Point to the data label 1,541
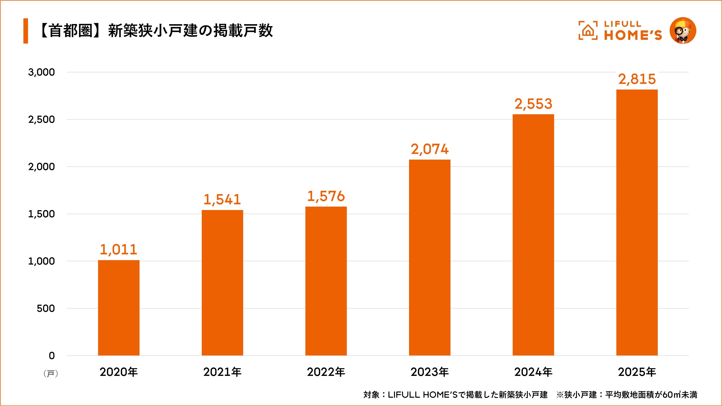pyautogui.click(x=222, y=200)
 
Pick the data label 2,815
pyautogui.click(x=637, y=79)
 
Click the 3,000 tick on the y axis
pyautogui.click(x=41, y=72)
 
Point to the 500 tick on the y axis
pyautogui.click(x=46, y=308)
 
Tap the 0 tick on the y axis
pyautogui.click(x=52, y=356)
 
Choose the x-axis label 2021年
pyautogui.click(x=222, y=372)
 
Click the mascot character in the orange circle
pyautogui.click(x=683, y=31)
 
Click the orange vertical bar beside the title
pyautogui.click(x=26, y=31)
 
